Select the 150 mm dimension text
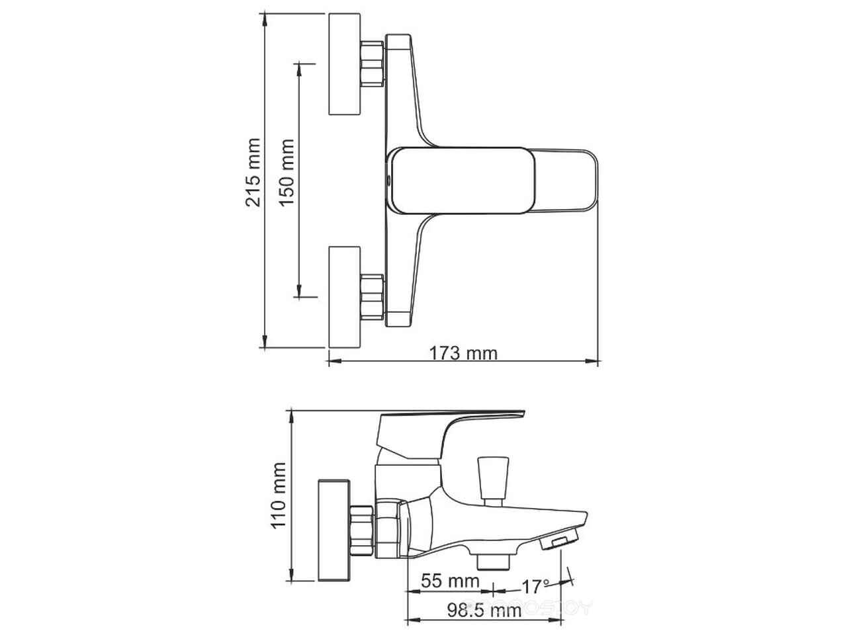[287, 173]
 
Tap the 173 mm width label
[463, 353]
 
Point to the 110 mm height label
[279, 495]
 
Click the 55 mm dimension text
[450, 581]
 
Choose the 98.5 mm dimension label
[484, 610]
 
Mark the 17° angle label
[535, 587]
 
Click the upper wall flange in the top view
[344, 64]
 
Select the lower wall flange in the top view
[344, 297]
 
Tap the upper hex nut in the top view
[372, 63]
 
